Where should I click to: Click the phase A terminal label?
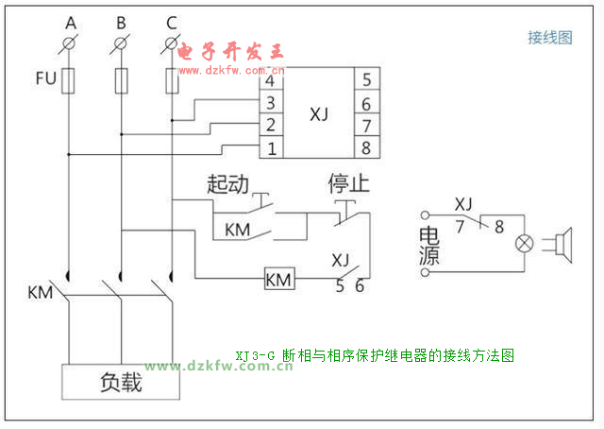70,21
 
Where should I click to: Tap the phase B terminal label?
120,21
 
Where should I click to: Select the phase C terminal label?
170,21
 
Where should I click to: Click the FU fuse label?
45,78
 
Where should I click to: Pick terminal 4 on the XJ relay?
271,81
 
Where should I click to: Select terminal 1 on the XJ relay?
271,148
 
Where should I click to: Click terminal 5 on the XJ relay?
366,79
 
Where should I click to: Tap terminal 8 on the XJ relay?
366,147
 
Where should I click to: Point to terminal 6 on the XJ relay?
366,103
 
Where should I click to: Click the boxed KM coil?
278,280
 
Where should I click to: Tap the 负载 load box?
121,382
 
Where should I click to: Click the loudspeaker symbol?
563,243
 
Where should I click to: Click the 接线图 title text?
549,38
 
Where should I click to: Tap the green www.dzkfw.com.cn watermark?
219,367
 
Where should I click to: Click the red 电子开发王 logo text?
230,51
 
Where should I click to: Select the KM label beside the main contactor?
41,292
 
